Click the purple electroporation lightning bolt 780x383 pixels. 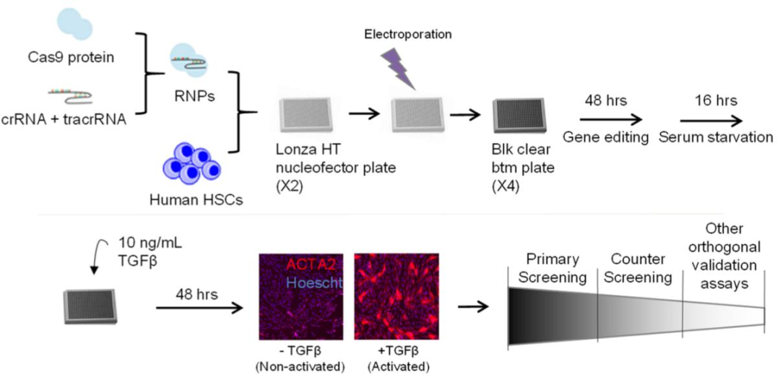(397, 70)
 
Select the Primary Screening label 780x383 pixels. (552, 268)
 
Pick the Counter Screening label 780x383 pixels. (639, 268)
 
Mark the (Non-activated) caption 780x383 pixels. (300, 368)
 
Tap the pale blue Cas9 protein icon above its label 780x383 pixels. (74, 23)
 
